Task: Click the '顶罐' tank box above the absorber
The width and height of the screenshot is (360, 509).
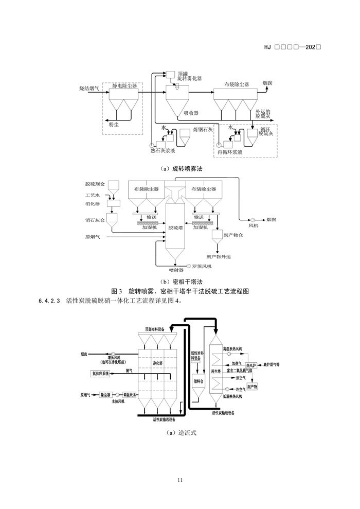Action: coord(169,75)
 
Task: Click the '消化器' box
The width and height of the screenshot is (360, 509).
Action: coord(112,204)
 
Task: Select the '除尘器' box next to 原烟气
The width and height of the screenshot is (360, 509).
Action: coord(105,395)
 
